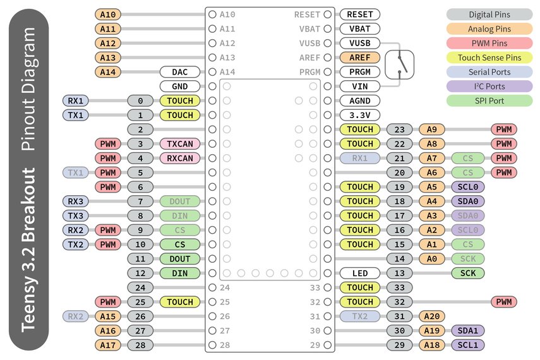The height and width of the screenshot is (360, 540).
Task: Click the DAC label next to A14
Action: pos(180,72)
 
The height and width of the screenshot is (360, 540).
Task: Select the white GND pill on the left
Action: pos(180,87)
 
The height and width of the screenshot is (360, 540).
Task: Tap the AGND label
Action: pos(359,100)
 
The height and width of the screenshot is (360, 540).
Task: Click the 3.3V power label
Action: pos(359,115)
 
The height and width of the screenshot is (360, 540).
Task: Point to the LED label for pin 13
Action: pos(359,273)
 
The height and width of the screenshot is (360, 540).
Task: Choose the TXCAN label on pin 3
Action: pos(180,144)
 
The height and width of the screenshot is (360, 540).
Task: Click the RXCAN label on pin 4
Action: pos(180,158)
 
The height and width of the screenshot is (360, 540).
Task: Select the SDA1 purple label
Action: pos(468,331)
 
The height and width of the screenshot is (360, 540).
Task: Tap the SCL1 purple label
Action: pos(468,345)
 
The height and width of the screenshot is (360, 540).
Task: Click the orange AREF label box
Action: pos(359,57)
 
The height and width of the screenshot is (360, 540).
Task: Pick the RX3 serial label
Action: pos(76,201)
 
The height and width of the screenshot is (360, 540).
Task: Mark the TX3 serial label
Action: pos(76,216)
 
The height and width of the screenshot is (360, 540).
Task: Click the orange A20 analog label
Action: pos(432,316)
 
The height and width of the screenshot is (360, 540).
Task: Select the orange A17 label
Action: pos(108,345)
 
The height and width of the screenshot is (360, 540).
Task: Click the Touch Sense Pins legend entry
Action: pos(489,57)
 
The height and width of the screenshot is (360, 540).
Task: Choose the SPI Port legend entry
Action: pos(489,100)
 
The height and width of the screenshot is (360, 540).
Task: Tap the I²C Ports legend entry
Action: pos(489,87)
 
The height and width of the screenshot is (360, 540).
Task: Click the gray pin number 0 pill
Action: pos(140,101)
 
